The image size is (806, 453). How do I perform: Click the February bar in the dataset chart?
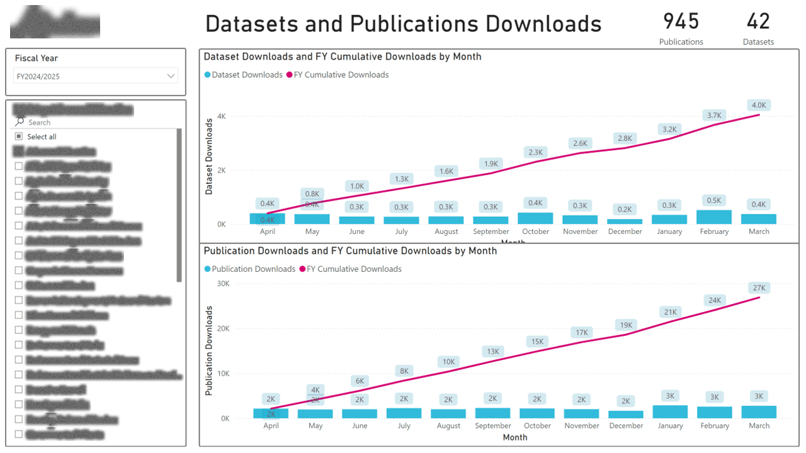(714, 217)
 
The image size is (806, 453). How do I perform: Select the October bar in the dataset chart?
(535, 218)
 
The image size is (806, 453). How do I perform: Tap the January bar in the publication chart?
(670, 412)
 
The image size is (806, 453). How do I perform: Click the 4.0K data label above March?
(759, 105)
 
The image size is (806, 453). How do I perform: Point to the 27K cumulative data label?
(759, 288)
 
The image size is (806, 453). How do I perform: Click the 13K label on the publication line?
(492, 351)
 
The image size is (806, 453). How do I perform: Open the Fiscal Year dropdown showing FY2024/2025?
(96, 76)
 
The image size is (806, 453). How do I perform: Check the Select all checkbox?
(19, 137)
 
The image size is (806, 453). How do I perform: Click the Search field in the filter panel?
(94, 122)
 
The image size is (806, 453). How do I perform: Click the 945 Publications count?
(681, 22)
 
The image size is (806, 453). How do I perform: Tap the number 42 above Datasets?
(758, 22)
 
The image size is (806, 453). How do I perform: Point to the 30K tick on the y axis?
(222, 284)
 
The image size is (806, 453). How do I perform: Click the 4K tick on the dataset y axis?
(221, 116)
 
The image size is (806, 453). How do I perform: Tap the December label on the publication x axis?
(626, 426)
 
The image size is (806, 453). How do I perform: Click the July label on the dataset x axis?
(402, 232)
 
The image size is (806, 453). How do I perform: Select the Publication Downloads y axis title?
(209, 350)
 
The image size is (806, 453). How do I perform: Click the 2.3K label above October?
(535, 152)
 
